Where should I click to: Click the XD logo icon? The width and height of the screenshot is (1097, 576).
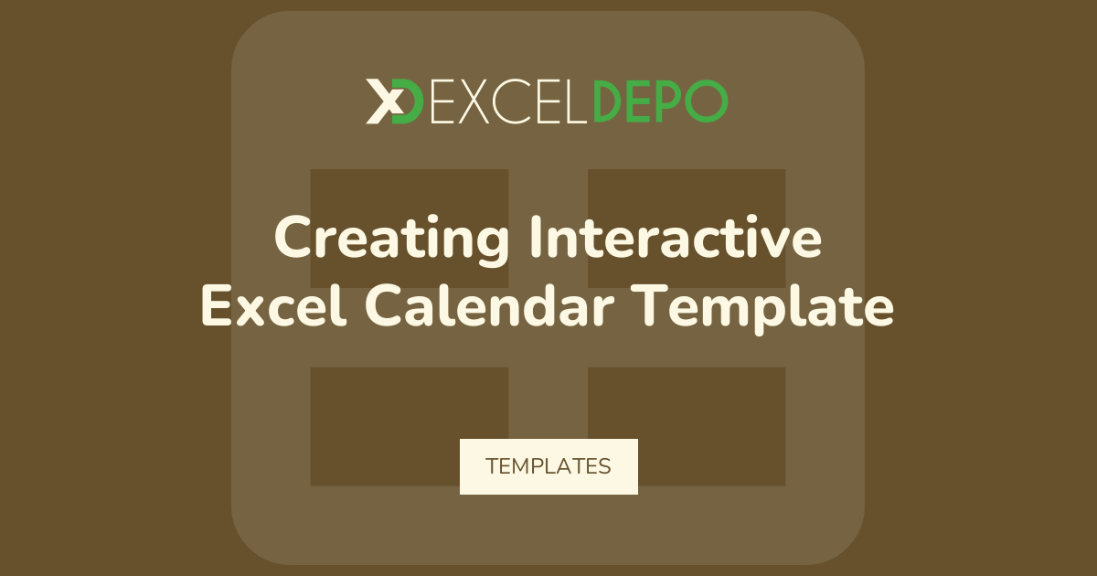(x=394, y=101)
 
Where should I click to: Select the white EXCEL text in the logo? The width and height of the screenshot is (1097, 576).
(x=508, y=101)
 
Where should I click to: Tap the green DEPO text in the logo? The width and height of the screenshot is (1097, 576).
(x=660, y=101)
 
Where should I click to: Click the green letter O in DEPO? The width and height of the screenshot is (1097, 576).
(x=707, y=101)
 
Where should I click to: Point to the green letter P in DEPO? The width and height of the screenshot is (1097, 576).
(x=669, y=101)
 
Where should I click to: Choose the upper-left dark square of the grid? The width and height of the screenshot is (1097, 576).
(x=410, y=229)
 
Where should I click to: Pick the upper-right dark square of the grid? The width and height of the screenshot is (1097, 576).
(x=687, y=229)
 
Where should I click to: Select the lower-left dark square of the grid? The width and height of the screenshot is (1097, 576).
(x=410, y=427)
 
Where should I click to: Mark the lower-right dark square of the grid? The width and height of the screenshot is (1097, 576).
(x=687, y=427)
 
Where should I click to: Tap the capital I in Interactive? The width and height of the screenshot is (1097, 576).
(x=537, y=237)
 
